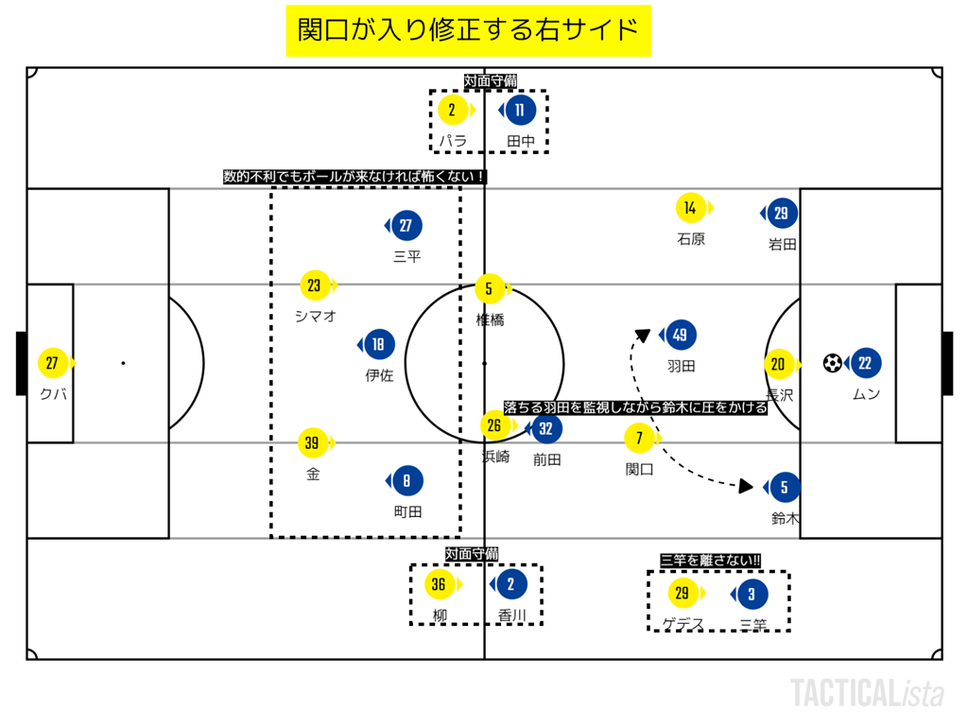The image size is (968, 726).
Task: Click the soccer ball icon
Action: [833, 363]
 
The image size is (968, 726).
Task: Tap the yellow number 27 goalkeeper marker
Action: [53, 363]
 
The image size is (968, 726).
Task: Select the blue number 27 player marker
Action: [406, 226]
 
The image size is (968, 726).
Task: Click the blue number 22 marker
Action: [865, 363]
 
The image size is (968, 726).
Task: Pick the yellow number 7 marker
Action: [640, 439]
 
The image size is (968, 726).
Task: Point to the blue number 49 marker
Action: [680, 334]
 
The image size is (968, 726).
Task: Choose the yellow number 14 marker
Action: [691, 208]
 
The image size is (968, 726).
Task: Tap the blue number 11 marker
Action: [519, 111]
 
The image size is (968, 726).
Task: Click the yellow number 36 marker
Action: [439, 585]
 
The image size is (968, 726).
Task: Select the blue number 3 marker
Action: [752, 595]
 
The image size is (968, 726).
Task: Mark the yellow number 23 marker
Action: [315, 285]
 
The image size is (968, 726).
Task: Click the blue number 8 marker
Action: [406, 481]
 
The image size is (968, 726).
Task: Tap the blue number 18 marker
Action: [378, 345]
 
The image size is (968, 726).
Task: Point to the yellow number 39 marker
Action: [314, 441]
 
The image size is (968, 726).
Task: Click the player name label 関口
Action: [640, 469]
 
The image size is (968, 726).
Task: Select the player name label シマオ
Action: [315, 316]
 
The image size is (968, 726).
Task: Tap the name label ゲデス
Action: [683, 624]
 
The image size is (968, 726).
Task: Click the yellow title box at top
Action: [469, 30]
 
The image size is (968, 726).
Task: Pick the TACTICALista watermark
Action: [867, 693]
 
